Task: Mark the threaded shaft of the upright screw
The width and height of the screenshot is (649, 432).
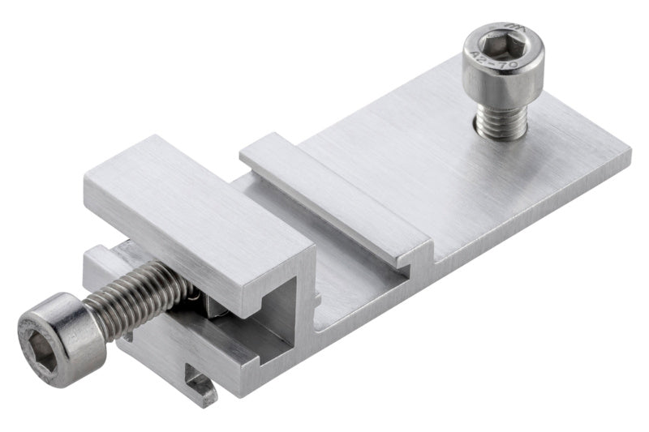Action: [x=501, y=122]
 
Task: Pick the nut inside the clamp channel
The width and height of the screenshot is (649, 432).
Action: [x=213, y=304]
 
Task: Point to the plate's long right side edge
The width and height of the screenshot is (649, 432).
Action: [x=527, y=219]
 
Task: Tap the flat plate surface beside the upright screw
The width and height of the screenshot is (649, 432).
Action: [x=560, y=138]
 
